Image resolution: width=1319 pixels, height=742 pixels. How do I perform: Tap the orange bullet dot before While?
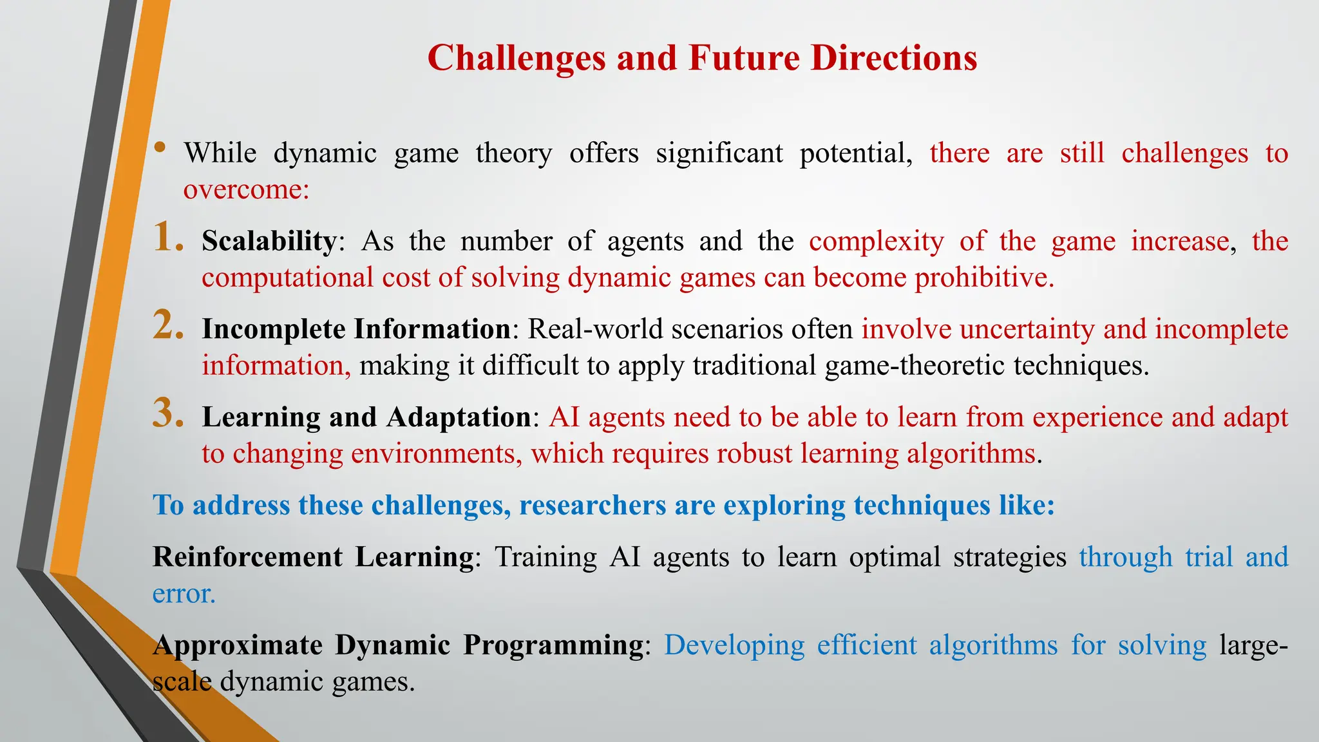(160, 148)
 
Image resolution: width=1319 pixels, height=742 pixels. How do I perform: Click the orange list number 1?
(167, 238)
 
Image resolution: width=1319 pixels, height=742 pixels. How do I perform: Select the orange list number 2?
(168, 325)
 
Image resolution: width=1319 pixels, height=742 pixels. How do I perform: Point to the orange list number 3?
(168, 414)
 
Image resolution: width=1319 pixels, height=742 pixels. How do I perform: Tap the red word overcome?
(245, 190)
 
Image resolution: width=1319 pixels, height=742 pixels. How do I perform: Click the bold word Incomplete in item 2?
(273, 329)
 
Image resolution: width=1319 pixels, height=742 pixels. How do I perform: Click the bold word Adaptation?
(459, 417)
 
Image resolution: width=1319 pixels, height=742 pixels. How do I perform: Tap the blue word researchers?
(593, 506)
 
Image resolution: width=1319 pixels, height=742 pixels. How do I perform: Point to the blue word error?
(184, 594)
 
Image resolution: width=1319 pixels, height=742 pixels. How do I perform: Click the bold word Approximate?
(238, 645)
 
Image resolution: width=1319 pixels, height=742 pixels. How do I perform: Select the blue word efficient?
(867, 645)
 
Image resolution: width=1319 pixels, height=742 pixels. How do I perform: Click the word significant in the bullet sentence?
(719, 154)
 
